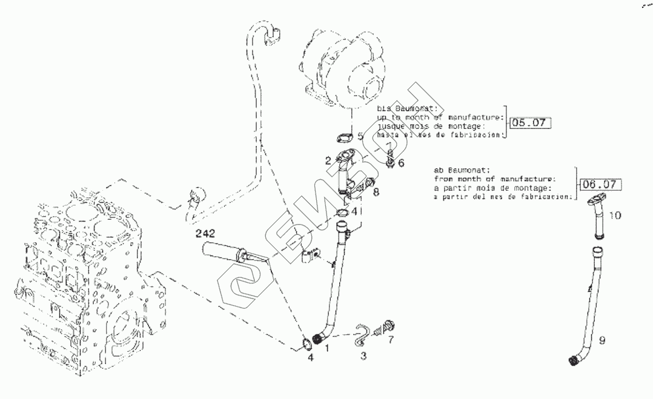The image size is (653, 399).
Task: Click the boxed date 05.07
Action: click(529, 123)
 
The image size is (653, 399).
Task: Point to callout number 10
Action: click(615, 215)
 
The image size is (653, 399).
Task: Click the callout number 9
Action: click(602, 341)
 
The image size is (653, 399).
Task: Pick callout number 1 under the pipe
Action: click(328, 348)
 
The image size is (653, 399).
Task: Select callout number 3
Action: click(363, 357)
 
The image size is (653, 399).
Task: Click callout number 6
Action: click(400, 163)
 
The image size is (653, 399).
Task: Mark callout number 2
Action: click(328, 160)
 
